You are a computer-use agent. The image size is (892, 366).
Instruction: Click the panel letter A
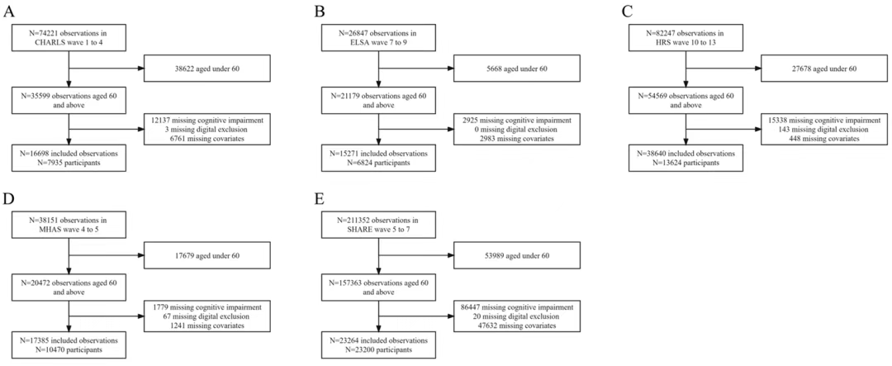coord(8,11)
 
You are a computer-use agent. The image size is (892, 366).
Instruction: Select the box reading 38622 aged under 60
coord(209,69)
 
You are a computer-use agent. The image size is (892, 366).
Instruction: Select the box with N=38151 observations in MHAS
coord(69,226)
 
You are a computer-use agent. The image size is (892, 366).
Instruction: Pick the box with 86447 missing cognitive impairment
coord(516,316)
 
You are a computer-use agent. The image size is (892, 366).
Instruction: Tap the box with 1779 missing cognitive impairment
coord(209,316)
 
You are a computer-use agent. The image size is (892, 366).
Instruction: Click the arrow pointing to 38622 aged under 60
coord(107,69)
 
